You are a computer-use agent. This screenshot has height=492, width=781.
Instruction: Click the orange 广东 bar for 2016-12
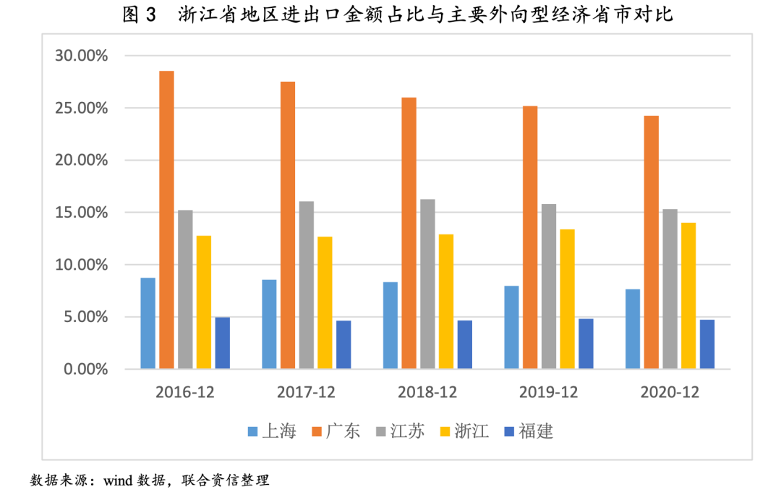click(166, 220)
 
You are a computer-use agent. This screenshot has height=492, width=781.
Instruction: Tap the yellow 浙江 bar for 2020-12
click(688, 296)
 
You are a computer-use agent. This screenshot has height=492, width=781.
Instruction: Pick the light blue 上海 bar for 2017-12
click(269, 324)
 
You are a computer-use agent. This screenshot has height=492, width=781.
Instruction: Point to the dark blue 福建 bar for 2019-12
click(586, 344)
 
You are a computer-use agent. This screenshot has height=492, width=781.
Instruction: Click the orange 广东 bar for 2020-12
click(651, 242)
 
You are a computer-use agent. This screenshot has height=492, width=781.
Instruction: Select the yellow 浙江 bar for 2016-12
click(203, 302)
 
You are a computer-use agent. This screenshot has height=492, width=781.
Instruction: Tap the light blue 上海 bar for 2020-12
click(633, 329)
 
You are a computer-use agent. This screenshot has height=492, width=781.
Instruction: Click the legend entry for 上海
click(272, 432)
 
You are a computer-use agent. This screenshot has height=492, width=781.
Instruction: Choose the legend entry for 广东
click(336, 432)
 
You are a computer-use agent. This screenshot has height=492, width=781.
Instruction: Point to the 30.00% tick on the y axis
click(81, 56)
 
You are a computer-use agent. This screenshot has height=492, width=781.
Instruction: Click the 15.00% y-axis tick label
click(81, 213)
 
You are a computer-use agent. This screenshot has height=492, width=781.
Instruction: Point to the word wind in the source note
click(121, 480)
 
